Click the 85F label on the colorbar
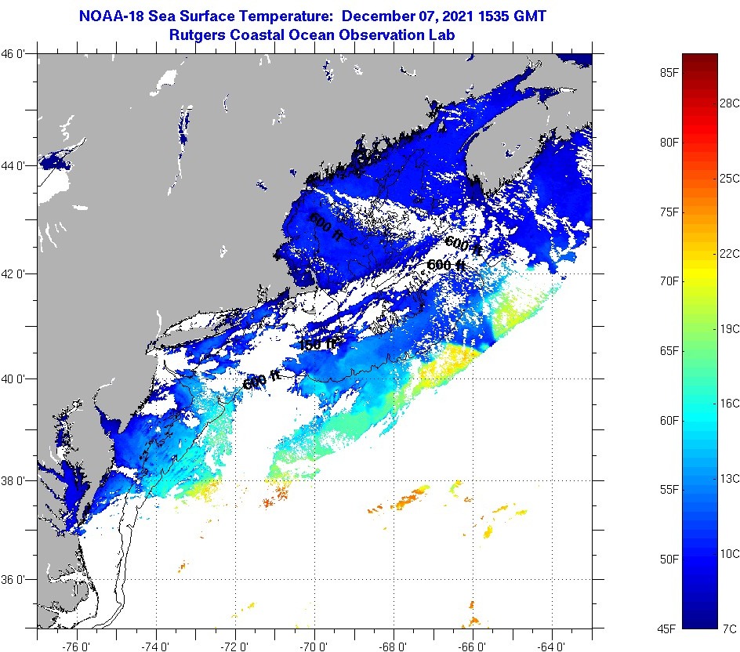tap(669, 73)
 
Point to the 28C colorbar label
tap(730, 103)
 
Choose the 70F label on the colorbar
tap(669, 281)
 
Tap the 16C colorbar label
tap(730, 403)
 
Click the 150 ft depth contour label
tap(318, 343)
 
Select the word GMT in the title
tap(528, 16)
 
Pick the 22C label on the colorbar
tap(730, 253)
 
